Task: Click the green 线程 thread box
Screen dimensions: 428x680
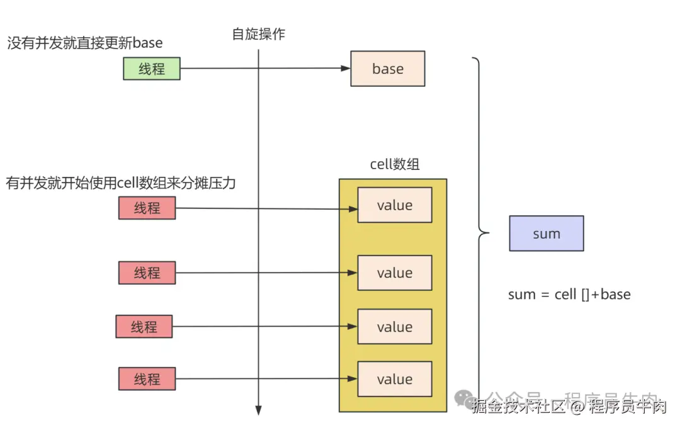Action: (x=151, y=69)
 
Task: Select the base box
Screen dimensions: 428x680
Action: (x=387, y=69)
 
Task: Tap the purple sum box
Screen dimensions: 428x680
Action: (x=546, y=234)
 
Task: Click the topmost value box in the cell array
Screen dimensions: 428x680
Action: (x=394, y=205)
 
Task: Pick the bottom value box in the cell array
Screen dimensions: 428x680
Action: (x=394, y=379)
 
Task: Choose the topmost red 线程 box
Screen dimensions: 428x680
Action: (x=147, y=208)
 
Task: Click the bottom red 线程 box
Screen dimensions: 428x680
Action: (x=147, y=379)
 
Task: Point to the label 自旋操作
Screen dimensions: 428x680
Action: (x=258, y=34)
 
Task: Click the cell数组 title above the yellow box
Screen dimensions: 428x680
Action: (x=394, y=165)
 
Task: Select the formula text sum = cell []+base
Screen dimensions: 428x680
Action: (x=569, y=294)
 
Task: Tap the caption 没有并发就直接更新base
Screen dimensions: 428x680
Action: (x=84, y=43)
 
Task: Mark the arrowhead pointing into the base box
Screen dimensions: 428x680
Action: (x=346, y=69)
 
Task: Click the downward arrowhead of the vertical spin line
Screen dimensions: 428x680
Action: (x=258, y=410)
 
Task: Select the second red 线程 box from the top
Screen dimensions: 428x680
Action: (x=147, y=273)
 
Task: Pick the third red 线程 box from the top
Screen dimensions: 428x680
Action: (x=144, y=327)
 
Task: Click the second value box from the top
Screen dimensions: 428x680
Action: (x=394, y=273)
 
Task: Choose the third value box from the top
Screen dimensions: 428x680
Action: (x=394, y=327)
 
